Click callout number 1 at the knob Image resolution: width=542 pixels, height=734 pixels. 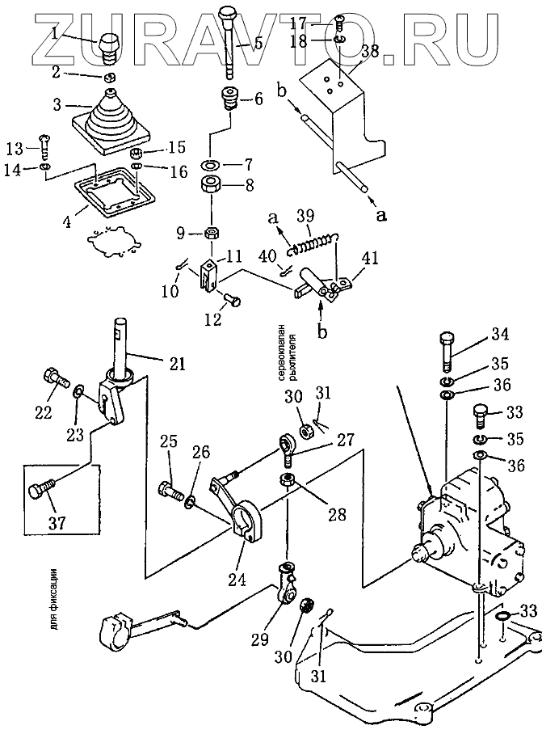point(54,33)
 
